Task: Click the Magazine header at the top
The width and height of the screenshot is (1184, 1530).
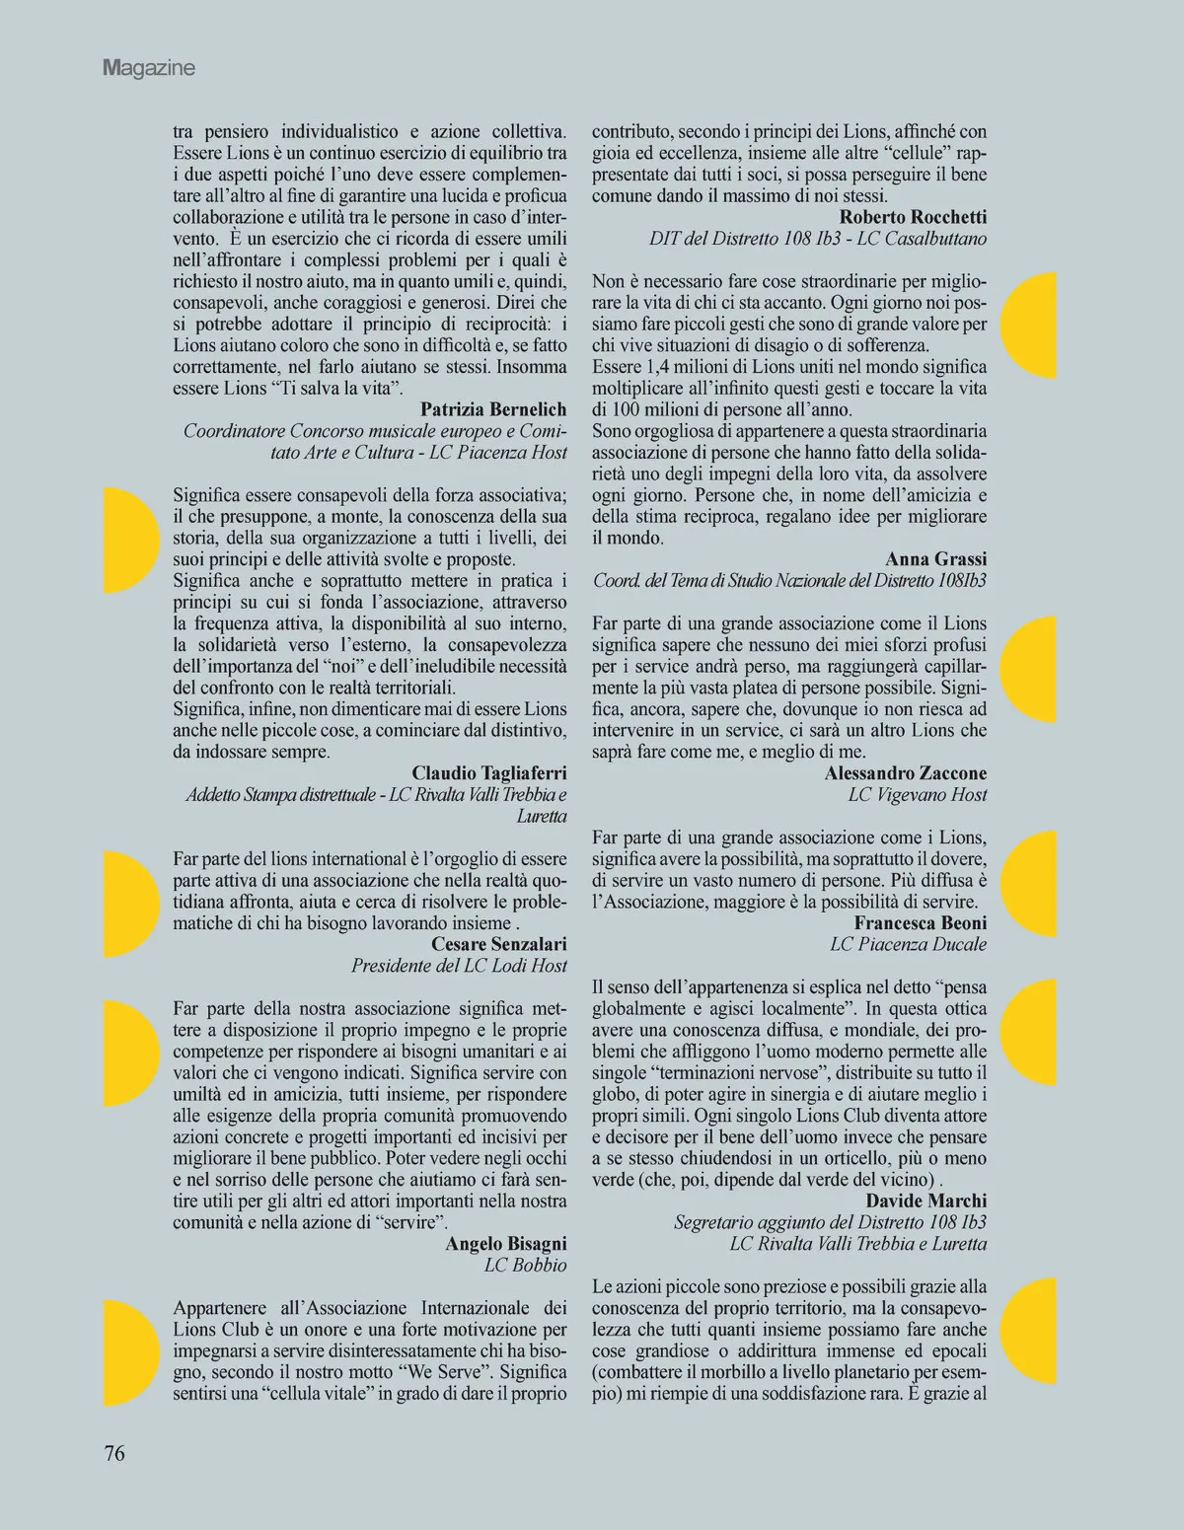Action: tap(149, 68)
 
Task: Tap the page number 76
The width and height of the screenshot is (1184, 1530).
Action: tap(114, 1452)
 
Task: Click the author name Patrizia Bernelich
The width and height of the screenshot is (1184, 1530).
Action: tap(493, 409)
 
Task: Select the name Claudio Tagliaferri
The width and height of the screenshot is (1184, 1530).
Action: tap(489, 773)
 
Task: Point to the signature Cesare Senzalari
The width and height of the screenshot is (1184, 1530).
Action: tap(499, 944)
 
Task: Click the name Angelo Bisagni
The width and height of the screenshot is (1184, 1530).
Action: tap(506, 1244)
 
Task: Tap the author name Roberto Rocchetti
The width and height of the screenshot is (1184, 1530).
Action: tap(913, 217)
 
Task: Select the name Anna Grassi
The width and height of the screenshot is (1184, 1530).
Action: tap(935, 559)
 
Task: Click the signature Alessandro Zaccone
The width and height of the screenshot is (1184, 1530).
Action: tap(906, 773)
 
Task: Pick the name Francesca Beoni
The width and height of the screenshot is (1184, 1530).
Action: tap(921, 923)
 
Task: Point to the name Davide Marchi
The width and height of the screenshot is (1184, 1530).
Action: tap(926, 1201)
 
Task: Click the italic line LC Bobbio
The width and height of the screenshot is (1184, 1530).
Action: tap(526, 1266)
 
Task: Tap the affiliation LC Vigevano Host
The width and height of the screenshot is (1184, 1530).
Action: tap(918, 795)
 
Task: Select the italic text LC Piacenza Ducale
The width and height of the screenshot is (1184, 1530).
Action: tap(908, 945)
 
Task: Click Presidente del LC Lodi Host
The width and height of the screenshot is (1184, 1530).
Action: tap(459, 966)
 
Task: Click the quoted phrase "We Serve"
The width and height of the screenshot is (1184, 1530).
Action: tap(454, 1372)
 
